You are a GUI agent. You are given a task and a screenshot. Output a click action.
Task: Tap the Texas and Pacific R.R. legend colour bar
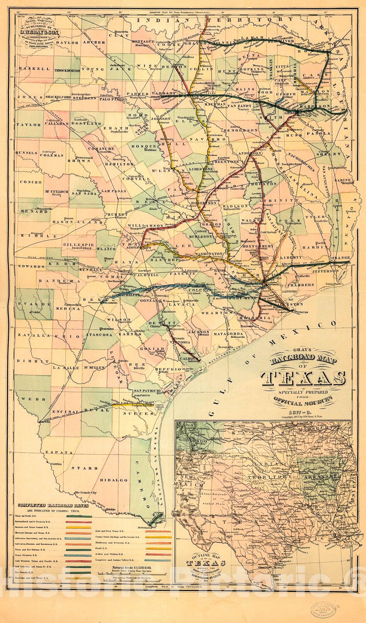pyautogui.click(x=79, y=516)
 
